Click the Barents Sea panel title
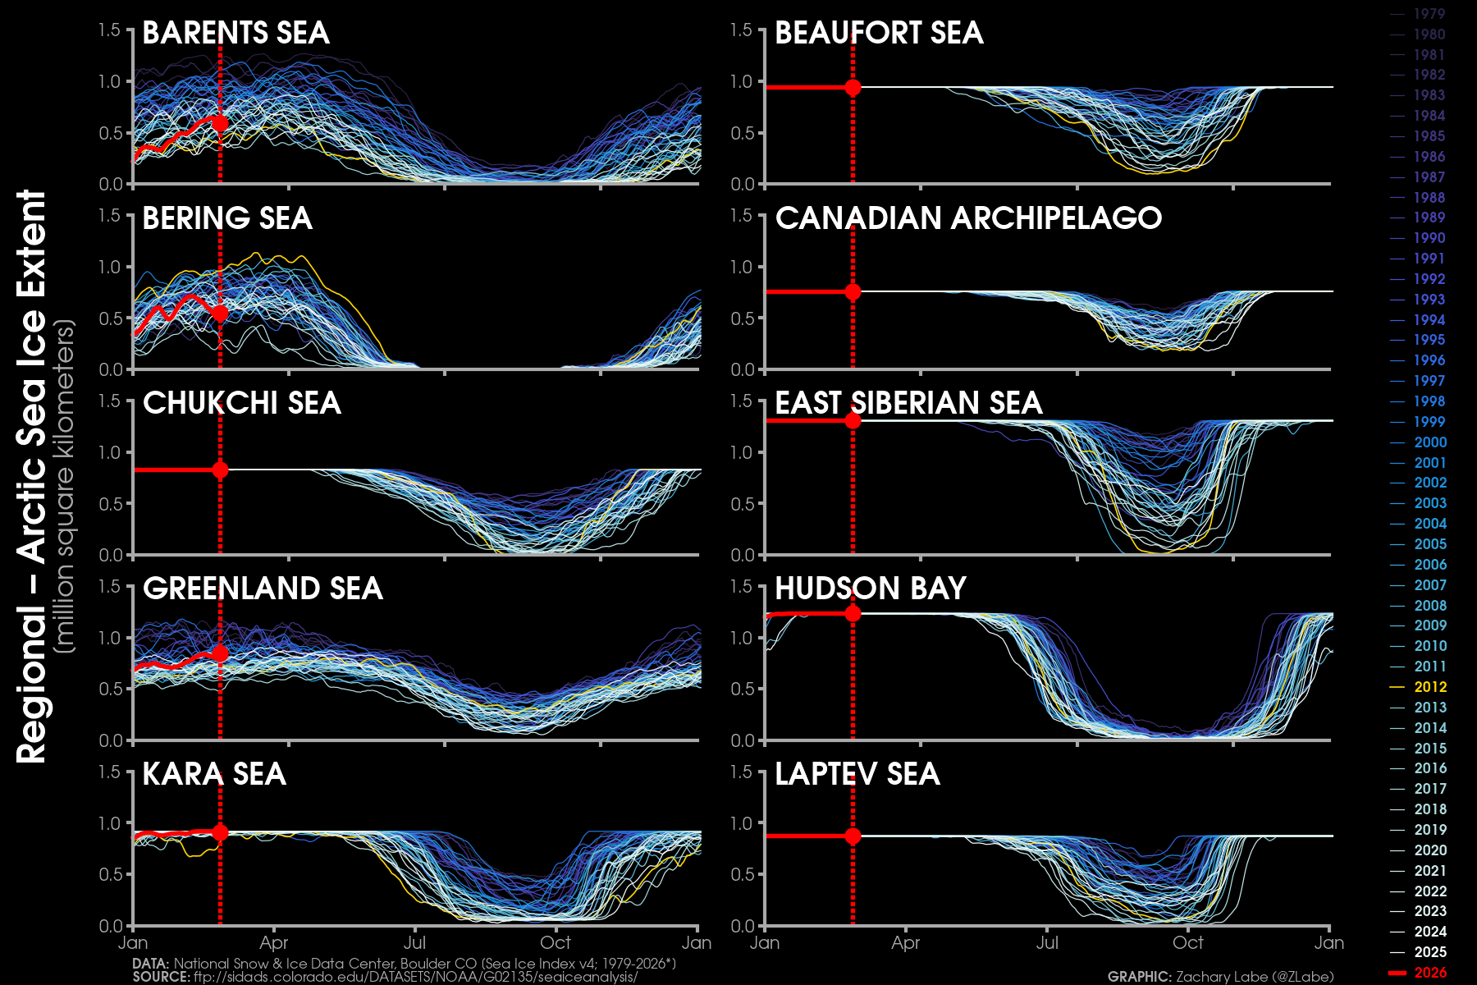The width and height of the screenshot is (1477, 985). click(x=235, y=33)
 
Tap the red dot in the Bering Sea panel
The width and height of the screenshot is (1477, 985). click(x=220, y=314)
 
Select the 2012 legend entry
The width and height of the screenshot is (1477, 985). click(x=1429, y=687)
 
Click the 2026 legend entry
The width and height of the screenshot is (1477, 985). click(x=1429, y=973)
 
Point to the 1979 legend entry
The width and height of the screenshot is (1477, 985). click(x=1429, y=14)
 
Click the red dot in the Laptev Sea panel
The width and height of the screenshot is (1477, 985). click(x=853, y=836)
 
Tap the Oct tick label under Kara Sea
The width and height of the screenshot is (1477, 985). click(x=556, y=943)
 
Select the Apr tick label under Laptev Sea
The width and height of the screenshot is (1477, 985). click(x=906, y=943)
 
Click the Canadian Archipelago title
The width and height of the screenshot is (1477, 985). click(x=968, y=218)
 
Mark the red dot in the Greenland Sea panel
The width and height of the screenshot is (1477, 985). click(x=220, y=653)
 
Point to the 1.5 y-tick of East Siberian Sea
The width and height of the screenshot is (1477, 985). click(x=742, y=401)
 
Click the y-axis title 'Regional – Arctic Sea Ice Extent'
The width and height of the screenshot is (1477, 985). click(x=31, y=476)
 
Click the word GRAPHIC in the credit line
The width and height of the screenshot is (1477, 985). click(x=1139, y=977)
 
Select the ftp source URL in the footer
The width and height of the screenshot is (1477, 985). click(x=415, y=977)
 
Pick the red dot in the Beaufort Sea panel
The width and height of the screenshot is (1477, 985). click(x=853, y=87)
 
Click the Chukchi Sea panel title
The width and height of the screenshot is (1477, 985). click(x=241, y=403)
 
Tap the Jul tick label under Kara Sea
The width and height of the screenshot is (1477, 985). click(x=415, y=943)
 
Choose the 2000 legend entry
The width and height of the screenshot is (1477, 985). click(x=1429, y=442)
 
